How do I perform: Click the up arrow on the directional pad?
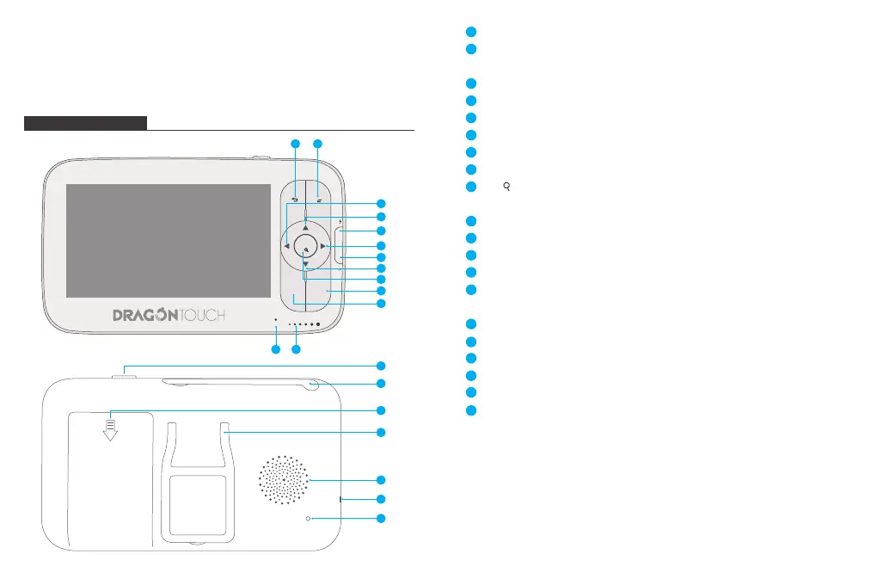click(305, 227)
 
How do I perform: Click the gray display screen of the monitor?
click(169, 240)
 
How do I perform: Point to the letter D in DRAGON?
click(120, 316)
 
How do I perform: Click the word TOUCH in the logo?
click(203, 316)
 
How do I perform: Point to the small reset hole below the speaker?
click(307, 520)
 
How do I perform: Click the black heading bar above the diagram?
click(85, 123)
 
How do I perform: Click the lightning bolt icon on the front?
click(340, 228)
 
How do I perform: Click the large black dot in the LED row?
click(318, 325)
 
